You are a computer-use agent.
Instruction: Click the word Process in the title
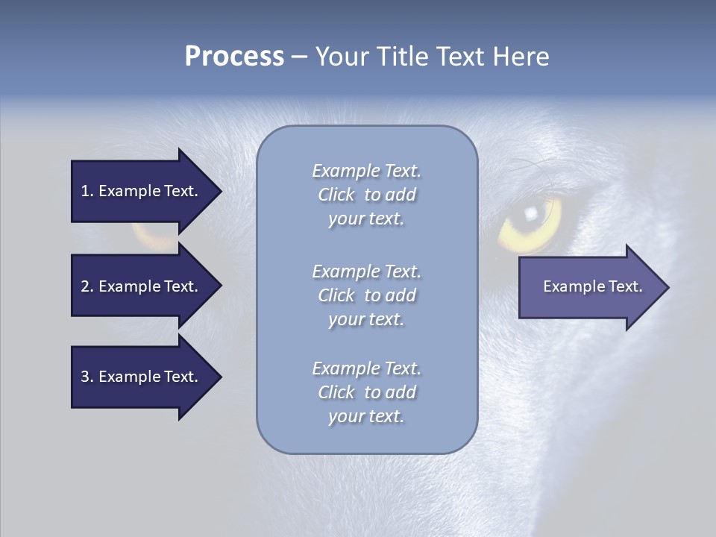(234, 57)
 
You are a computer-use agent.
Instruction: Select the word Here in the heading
(521, 57)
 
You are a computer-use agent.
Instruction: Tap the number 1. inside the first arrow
(87, 191)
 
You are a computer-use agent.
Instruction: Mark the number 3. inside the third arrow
(87, 377)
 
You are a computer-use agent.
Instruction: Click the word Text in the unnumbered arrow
(626, 286)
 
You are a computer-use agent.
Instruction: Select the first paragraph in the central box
(366, 195)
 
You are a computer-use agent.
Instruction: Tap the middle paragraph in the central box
(366, 295)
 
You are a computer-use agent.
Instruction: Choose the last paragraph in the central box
(366, 392)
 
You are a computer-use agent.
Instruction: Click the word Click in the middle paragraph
(336, 295)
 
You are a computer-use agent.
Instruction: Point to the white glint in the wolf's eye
(531, 213)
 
